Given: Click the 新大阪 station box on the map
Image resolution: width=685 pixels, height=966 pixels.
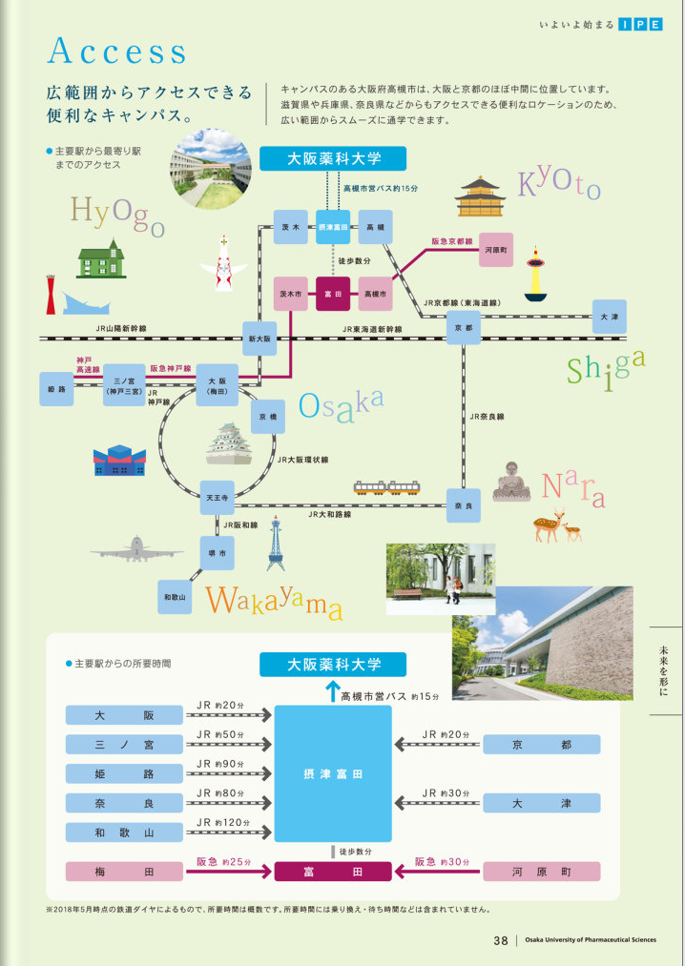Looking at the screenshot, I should click(259, 339).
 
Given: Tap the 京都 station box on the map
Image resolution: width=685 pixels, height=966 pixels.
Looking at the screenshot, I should click(464, 327).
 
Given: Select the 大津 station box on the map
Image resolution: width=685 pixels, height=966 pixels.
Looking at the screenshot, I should click(609, 317).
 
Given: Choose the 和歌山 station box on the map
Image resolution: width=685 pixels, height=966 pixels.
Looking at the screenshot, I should click(175, 596).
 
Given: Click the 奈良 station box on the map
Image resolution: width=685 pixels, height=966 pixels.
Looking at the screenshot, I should click(464, 505).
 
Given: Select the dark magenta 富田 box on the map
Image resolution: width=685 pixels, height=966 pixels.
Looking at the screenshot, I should click(334, 295).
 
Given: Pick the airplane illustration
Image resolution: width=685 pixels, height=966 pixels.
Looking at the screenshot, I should click(136, 549).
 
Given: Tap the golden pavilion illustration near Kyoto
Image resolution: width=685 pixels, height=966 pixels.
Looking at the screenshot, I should click(479, 195).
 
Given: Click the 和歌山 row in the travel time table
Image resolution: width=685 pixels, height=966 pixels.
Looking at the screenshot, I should click(124, 832).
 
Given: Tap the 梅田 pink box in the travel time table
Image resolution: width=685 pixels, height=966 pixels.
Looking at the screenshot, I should click(124, 872).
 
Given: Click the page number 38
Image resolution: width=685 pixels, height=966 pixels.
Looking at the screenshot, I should click(501, 940).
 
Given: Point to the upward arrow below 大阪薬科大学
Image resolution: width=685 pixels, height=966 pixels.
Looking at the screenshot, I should click(332, 691).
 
